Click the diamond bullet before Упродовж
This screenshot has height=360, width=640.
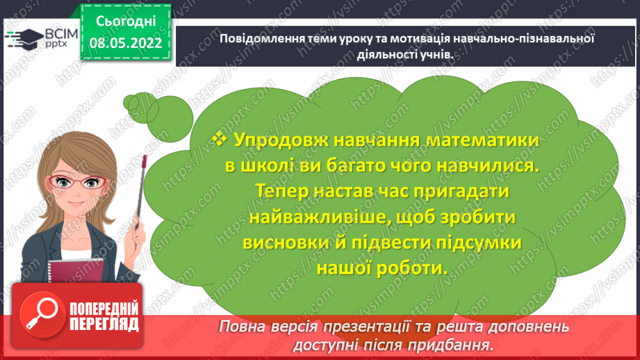[219, 140]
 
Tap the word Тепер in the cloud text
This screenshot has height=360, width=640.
[282, 190]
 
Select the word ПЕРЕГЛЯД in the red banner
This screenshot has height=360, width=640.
[104, 324]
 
